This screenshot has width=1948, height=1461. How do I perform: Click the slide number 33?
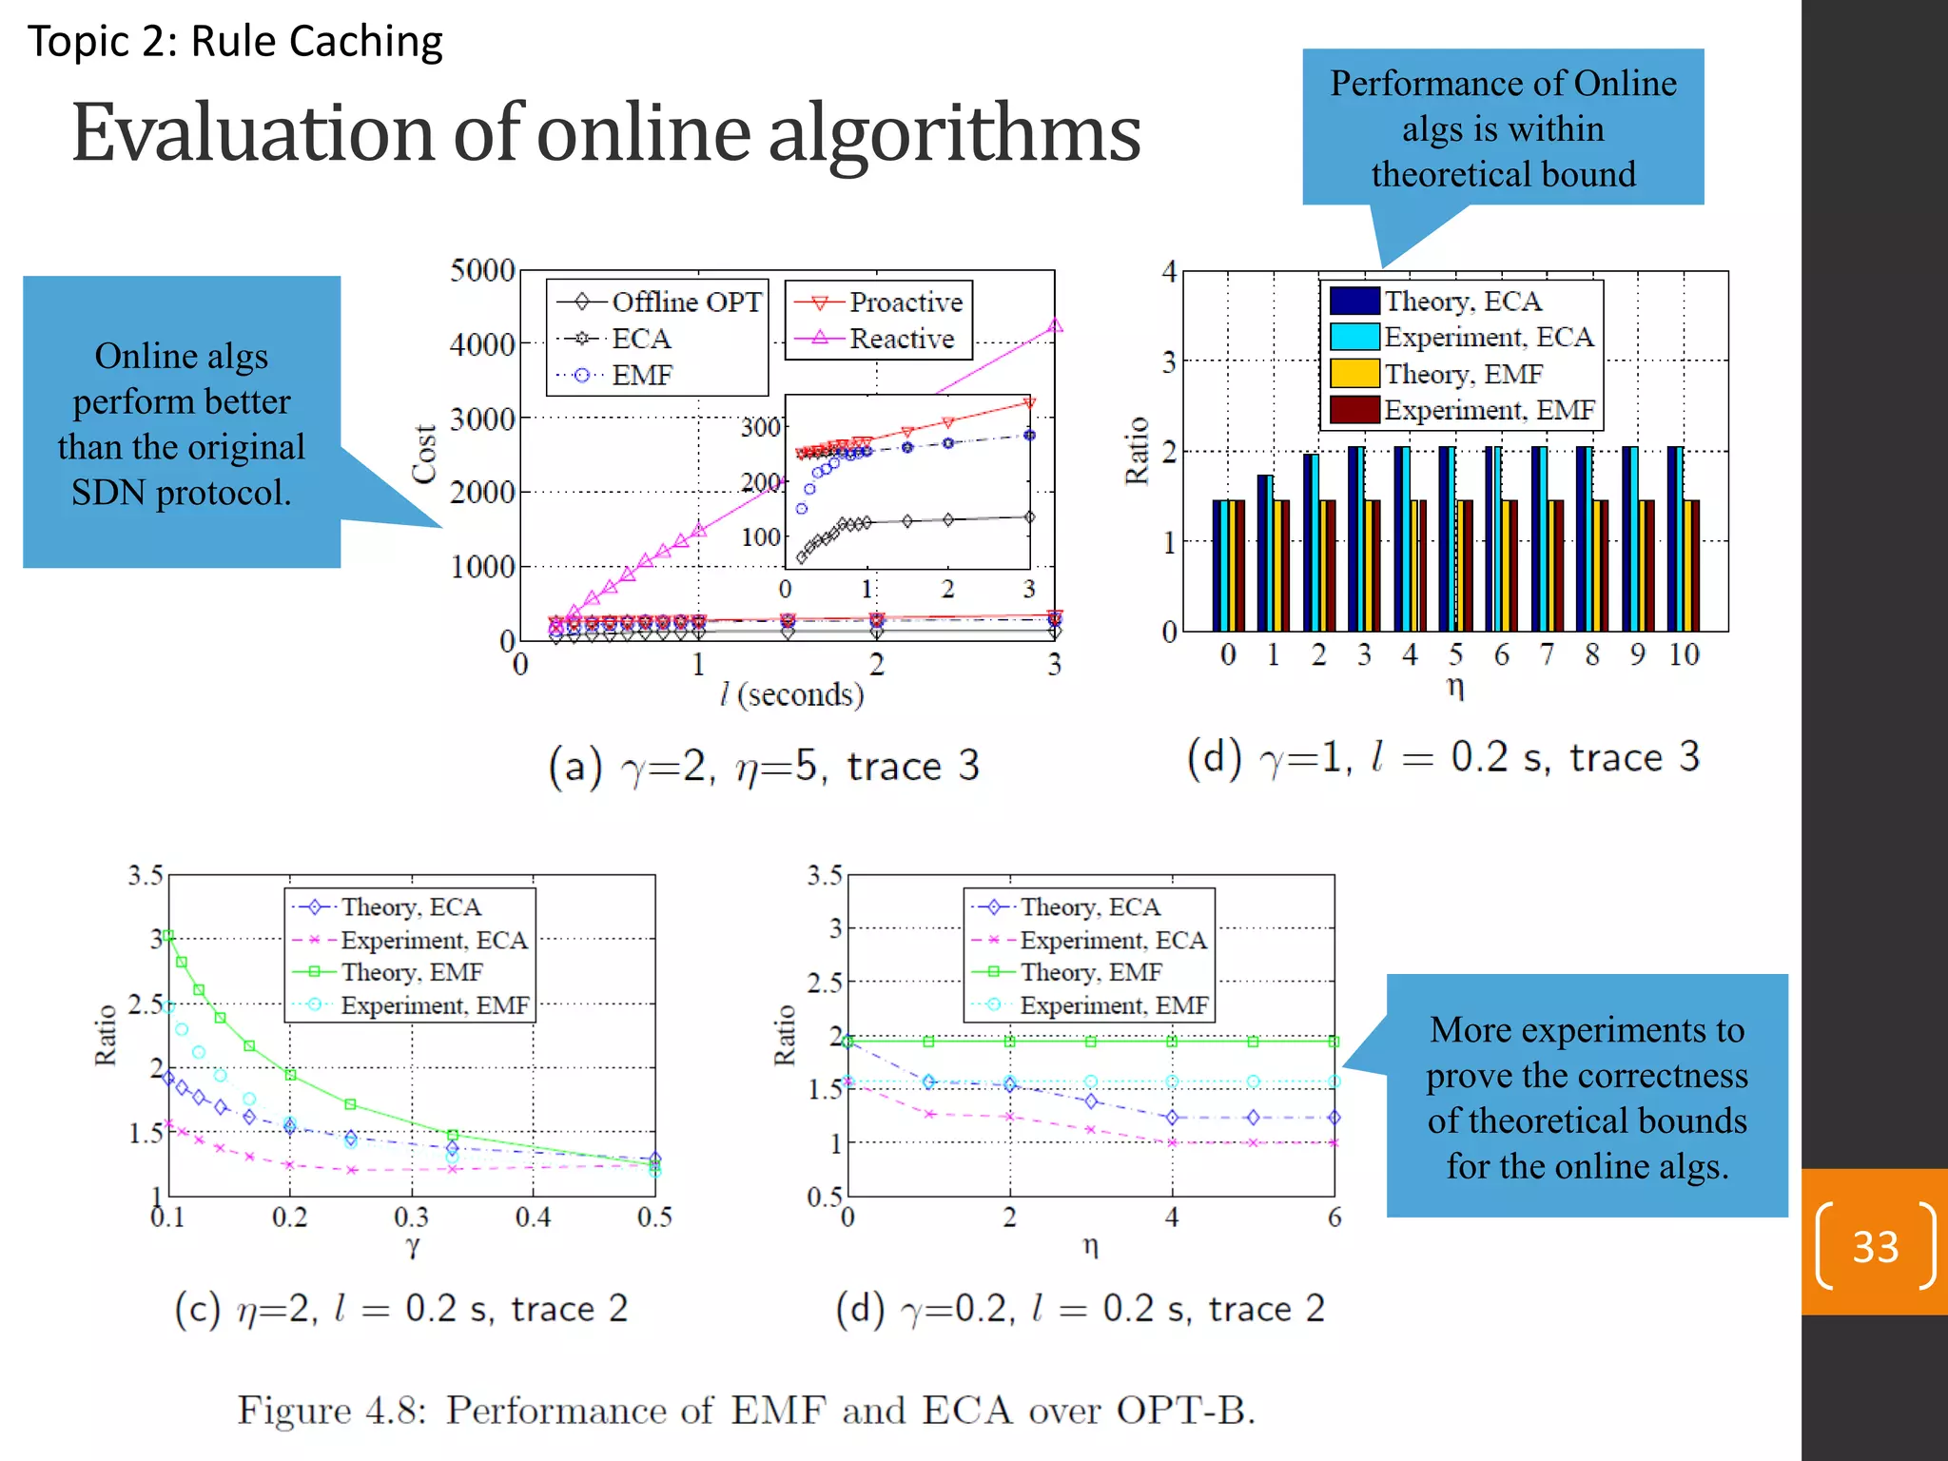click(1875, 1246)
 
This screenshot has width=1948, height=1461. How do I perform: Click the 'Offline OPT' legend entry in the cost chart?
click(685, 302)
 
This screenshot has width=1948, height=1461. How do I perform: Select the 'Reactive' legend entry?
click(901, 339)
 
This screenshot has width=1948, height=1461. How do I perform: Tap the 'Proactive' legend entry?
click(905, 302)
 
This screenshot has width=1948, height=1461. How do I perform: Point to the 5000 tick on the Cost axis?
click(482, 270)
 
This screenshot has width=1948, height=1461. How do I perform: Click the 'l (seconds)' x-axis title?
click(791, 694)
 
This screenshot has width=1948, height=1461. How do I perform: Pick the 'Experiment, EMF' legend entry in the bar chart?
click(1488, 410)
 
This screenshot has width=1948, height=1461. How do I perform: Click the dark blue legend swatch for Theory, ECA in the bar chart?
click(1354, 301)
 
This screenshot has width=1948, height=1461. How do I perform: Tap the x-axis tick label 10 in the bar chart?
click(1684, 654)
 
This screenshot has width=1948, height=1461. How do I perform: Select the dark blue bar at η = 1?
click(1265, 553)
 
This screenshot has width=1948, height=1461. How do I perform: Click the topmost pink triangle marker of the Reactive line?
click(1054, 326)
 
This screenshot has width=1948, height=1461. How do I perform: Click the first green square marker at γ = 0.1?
click(168, 936)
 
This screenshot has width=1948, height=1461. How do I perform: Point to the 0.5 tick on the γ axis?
click(654, 1217)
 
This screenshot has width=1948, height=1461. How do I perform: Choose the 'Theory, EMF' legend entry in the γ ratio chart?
click(411, 972)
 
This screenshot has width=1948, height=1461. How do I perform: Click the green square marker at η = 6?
click(1334, 1042)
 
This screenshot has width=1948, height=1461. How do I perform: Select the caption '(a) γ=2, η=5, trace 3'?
click(764, 766)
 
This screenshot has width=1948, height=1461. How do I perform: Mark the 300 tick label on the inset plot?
click(760, 427)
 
